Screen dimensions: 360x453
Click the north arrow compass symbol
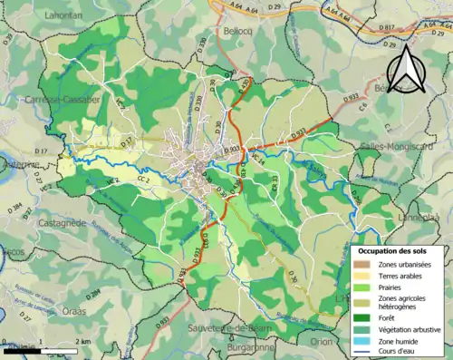[x=406, y=66]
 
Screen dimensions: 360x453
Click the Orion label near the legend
[x=321, y=343]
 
